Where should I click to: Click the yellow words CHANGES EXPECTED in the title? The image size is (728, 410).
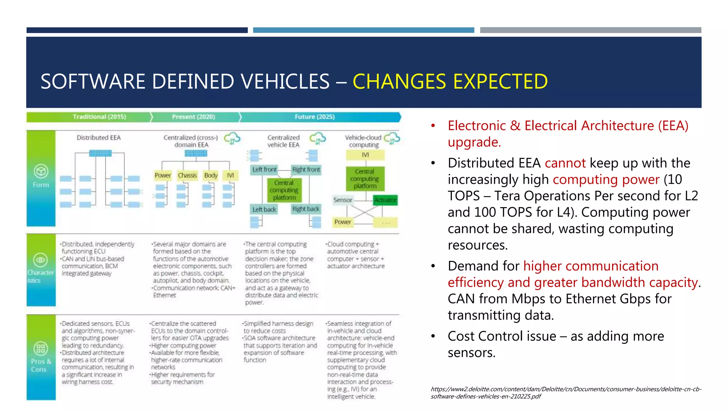coord(450,82)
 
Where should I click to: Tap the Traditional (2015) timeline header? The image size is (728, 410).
coord(99,117)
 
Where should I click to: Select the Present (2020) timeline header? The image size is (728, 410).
coord(193,117)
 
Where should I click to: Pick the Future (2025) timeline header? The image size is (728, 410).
coord(315,117)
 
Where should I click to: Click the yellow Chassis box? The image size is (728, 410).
coord(187,175)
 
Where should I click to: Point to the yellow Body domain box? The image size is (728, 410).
coord(210,175)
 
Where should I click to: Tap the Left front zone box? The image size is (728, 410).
coord(264,170)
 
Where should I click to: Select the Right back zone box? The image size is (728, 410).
coord(306,209)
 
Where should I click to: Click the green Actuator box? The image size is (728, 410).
coord(385,200)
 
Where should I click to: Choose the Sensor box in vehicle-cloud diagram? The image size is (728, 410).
coord(343,200)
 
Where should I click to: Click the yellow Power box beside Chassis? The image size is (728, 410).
coord(163,175)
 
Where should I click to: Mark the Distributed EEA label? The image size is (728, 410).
coord(99,138)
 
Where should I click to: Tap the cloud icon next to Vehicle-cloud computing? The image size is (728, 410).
coord(392,138)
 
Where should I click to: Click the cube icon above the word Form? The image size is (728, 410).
coord(41,171)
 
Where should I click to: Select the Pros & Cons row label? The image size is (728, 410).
coord(41,365)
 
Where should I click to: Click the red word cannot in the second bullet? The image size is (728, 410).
coord(565,163)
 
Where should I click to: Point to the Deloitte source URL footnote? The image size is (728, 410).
coord(566,393)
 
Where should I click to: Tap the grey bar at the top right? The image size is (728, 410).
coord(590,30)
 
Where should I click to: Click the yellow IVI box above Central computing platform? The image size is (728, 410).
coord(365,155)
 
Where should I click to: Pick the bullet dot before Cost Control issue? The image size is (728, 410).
coord(433,336)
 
